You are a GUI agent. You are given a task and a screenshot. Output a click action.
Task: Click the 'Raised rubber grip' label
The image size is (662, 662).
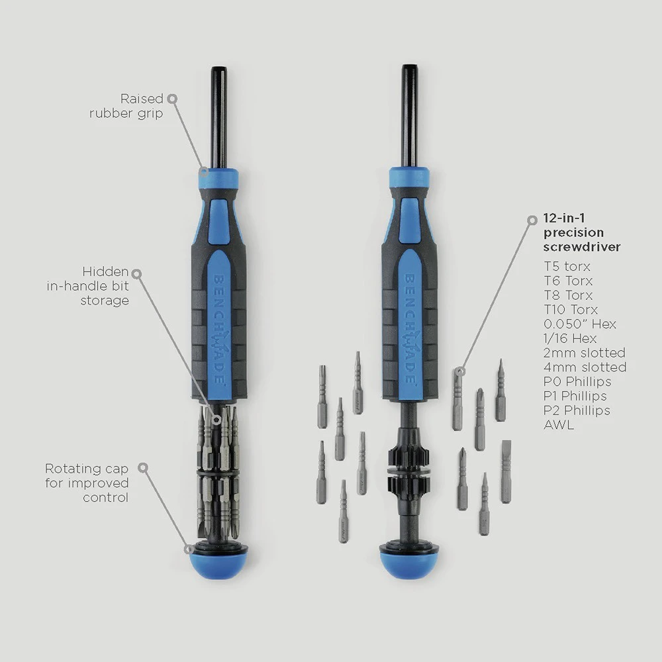pos(126,106)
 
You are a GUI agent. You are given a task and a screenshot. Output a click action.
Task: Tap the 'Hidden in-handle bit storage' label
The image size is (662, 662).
pos(88,286)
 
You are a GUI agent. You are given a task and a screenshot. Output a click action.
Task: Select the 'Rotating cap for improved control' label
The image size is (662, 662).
pos(87,483)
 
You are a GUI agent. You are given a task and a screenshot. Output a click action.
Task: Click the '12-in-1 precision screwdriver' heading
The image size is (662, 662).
pos(582,232)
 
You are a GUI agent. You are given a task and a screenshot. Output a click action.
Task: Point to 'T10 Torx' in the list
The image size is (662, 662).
pos(571,309)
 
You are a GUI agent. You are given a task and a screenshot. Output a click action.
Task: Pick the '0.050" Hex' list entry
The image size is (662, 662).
pos(580,324)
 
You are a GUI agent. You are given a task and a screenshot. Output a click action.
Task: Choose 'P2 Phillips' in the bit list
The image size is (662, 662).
pos(577,410)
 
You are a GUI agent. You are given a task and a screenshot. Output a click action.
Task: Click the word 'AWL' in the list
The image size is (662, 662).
pos(559,425)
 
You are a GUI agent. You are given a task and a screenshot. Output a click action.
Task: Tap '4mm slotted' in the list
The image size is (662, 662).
pos(585,367)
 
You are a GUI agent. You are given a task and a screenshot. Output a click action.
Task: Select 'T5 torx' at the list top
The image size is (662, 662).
pos(567,266)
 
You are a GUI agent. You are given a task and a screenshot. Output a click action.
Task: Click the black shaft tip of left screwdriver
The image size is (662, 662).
pos(218,70)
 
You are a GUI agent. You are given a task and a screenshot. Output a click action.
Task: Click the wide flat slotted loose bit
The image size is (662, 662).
pos(506,471)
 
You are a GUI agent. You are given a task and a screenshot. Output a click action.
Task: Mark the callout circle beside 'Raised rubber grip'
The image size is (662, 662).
pos(172,99)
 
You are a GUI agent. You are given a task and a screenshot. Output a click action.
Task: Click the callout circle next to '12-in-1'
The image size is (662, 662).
pos(533,220)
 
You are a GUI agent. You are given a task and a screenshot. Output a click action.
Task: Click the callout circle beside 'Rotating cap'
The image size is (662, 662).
pos(144,468)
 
